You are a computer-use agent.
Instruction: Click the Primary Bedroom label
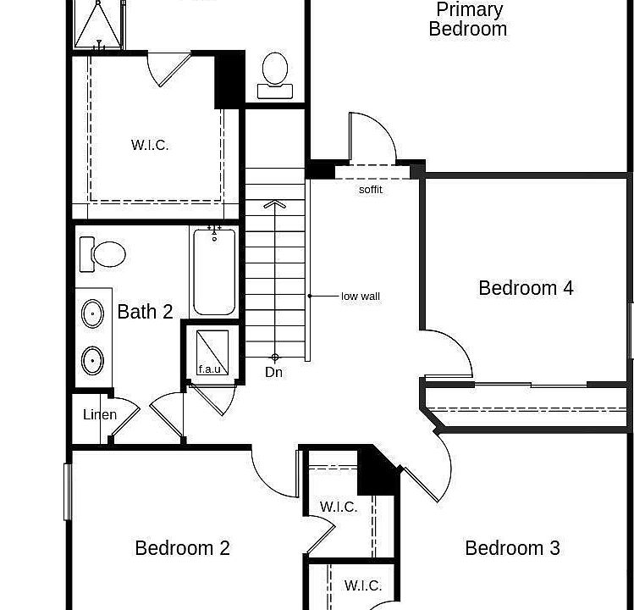(468, 19)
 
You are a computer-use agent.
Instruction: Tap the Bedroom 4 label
(526, 288)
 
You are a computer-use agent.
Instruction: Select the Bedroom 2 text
(182, 548)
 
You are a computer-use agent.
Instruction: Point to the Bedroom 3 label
(512, 548)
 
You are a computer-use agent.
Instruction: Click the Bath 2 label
(145, 312)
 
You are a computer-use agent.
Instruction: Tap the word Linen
(100, 415)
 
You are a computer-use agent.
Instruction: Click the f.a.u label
(209, 369)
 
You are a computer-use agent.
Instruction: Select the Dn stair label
(273, 372)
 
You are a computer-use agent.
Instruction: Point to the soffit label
(371, 190)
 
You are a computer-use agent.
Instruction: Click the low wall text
(361, 297)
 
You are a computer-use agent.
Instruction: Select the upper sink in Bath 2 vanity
(92, 313)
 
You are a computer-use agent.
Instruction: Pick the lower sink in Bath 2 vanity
(92, 361)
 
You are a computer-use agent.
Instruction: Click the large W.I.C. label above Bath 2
(150, 145)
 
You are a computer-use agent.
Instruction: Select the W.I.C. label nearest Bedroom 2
(338, 507)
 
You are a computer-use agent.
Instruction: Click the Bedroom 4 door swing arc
(457, 349)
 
